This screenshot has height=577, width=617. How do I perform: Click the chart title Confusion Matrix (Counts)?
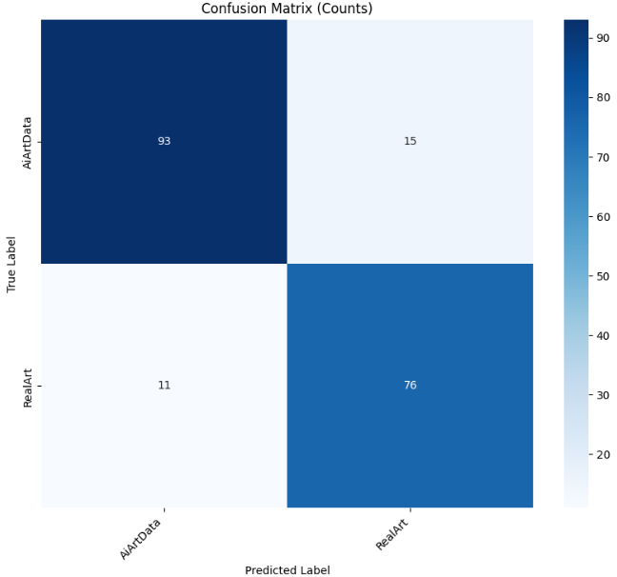point(287,9)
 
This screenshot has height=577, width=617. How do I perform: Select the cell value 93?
point(164,141)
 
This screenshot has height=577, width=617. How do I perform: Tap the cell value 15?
point(410,141)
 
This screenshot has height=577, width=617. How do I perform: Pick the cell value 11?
point(164,385)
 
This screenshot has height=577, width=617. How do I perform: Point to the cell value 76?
point(410,385)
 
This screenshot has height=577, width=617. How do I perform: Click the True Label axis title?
point(12,264)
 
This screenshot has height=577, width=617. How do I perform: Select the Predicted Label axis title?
point(287,569)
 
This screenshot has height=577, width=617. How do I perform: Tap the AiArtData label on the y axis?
point(28,141)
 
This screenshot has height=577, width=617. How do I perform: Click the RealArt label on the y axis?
point(28,385)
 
